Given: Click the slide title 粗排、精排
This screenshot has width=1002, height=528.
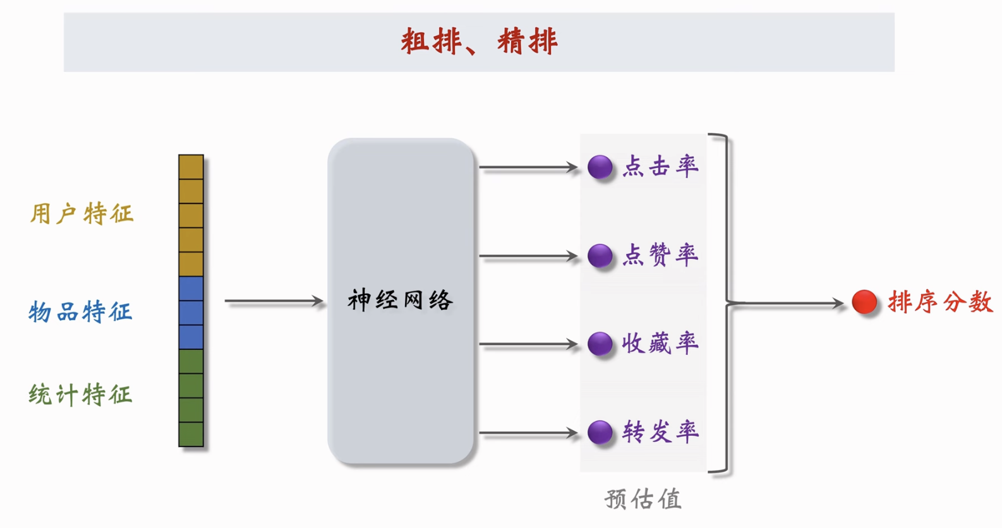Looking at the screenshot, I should pos(479,42).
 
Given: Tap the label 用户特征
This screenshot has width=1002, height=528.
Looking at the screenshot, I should pos(81,214).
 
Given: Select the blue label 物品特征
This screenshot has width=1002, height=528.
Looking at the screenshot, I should pos(80,312).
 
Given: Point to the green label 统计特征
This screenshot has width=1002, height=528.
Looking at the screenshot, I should pos(80,395).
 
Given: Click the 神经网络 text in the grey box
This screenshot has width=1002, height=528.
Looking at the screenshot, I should pos(400,301).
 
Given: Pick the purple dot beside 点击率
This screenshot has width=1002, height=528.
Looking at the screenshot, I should pos(600,167).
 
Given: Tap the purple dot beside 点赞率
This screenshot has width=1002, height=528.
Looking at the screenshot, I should pos(600,256).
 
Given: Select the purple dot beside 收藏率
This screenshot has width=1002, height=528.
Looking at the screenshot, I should pos(600,344).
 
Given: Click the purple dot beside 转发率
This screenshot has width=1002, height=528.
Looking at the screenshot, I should pos(600,433).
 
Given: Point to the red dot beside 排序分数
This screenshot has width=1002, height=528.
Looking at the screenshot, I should pos(864,302).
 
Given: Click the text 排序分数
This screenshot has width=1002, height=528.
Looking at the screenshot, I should pos(940,302).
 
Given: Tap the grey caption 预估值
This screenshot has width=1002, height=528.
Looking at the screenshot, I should pos(643,499).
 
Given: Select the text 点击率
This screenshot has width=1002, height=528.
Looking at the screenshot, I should pos(660,167).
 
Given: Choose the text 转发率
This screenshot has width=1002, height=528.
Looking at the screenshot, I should pos(660,432).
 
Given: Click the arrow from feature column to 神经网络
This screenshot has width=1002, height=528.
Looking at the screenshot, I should pos(274,301).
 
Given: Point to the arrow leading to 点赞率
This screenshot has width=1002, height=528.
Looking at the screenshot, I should pos(528,256).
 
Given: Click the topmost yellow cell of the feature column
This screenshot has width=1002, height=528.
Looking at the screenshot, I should pos(191,167).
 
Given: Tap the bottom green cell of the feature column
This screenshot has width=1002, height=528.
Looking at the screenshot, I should pos(191,435).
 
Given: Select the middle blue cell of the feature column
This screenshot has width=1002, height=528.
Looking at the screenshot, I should pos(191,313).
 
